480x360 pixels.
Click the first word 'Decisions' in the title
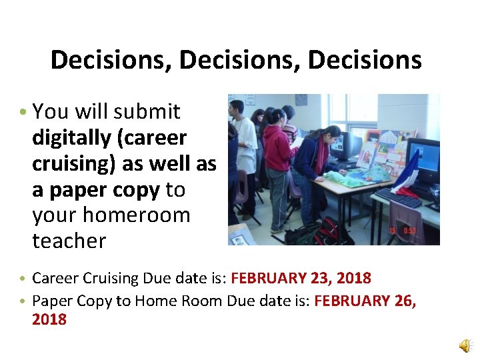(110, 60)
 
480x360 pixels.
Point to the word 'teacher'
(69, 241)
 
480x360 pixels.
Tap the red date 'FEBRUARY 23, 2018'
(301, 277)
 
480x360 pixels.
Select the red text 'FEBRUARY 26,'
(365, 301)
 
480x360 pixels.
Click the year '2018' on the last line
(49, 319)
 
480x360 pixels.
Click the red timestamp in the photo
(403, 231)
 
